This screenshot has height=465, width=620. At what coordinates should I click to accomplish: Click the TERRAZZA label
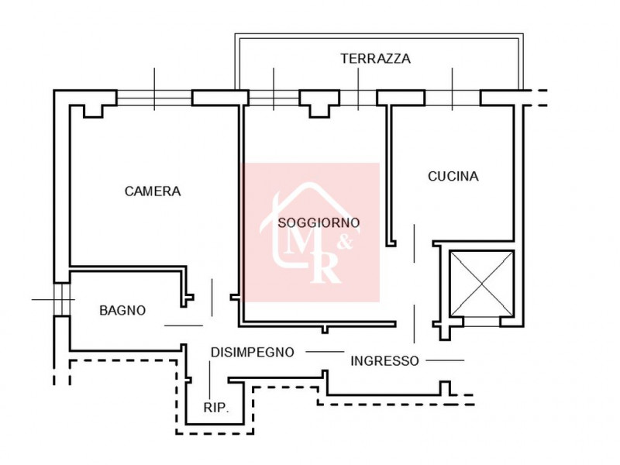[x=375, y=58]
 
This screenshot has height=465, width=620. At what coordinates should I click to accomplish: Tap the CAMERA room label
[x=153, y=191]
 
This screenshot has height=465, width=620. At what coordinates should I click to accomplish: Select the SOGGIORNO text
[x=319, y=222]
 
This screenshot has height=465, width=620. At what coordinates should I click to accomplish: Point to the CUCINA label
[x=453, y=176]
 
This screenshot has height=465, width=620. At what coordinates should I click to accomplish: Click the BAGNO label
[x=122, y=310]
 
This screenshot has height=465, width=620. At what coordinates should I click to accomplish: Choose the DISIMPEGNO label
[x=253, y=352]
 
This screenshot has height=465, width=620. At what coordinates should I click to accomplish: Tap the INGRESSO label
[x=385, y=360]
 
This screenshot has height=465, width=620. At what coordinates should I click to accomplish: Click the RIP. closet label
[x=216, y=408]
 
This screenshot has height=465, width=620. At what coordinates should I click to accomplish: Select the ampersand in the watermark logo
[x=346, y=242]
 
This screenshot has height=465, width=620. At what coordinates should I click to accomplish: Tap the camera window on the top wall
[x=153, y=98]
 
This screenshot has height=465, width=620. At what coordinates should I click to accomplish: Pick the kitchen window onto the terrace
[x=452, y=98]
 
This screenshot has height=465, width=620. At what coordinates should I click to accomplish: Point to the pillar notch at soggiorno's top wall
[x=319, y=108]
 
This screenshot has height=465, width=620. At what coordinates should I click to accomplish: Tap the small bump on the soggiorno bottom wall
[x=324, y=329]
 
